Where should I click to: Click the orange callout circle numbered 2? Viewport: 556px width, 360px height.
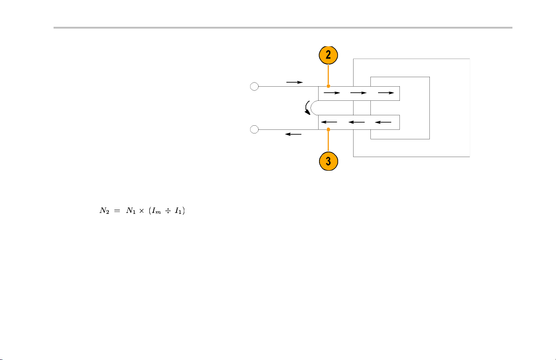click(328, 55)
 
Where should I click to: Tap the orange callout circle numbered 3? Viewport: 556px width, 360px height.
click(329, 161)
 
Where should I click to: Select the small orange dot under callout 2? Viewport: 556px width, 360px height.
click(328, 86)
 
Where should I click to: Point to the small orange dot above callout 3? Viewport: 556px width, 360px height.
click(329, 129)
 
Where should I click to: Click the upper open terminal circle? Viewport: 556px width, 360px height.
click(254, 86)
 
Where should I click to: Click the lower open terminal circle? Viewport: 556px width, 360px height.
click(254, 129)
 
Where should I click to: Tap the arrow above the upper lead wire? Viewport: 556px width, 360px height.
click(295, 82)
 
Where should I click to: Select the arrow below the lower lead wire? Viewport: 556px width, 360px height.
click(293, 134)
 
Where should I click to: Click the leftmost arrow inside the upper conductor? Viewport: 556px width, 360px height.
click(332, 93)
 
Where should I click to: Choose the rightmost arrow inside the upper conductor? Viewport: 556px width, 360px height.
click(386, 93)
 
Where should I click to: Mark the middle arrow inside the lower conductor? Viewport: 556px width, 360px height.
click(356, 122)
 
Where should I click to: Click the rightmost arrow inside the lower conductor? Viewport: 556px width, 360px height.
click(383, 122)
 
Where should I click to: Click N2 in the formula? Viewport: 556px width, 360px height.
click(104, 211)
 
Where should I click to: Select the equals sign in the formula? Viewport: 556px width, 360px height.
click(117, 211)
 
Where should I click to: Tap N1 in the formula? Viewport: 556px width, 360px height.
click(131, 211)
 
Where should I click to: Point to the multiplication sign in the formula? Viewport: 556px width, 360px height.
click(142, 211)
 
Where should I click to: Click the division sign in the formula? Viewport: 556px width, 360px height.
click(168, 211)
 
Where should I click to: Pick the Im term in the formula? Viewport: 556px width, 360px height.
click(157, 211)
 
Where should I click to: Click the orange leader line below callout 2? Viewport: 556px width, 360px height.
click(328, 74)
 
